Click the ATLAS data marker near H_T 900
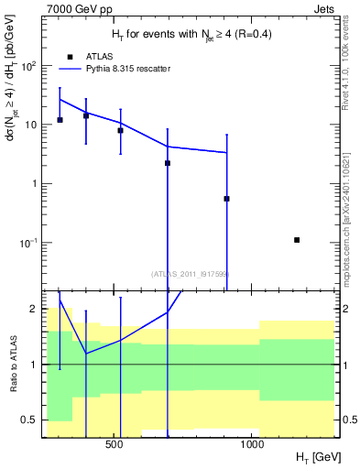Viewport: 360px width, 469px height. (226, 199)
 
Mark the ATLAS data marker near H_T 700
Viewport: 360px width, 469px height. (168, 163)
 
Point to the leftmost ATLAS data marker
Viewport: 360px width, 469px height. (60, 120)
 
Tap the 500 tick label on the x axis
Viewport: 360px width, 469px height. (115, 444)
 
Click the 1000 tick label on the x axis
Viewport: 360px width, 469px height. (253, 444)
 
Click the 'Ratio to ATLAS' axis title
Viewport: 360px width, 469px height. (13, 364)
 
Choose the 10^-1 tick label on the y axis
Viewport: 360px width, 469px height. (28, 243)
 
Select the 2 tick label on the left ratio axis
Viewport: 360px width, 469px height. (33, 309)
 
